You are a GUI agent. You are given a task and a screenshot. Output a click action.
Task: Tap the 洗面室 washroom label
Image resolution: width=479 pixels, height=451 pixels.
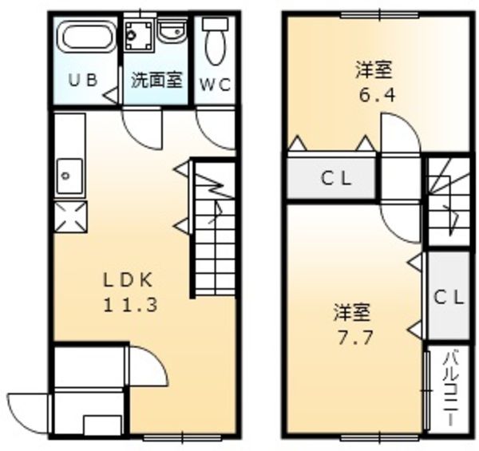[x=157, y=81]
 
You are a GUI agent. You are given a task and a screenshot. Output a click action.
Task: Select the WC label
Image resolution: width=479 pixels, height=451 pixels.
[x=215, y=82]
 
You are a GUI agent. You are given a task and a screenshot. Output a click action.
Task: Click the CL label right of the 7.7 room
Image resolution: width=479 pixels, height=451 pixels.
[x=448, y=297]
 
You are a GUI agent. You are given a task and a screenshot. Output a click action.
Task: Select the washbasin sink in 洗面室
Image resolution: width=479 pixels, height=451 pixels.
[x=170, y=32]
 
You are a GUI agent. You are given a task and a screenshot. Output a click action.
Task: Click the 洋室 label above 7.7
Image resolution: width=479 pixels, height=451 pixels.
[x=352, y=310]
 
